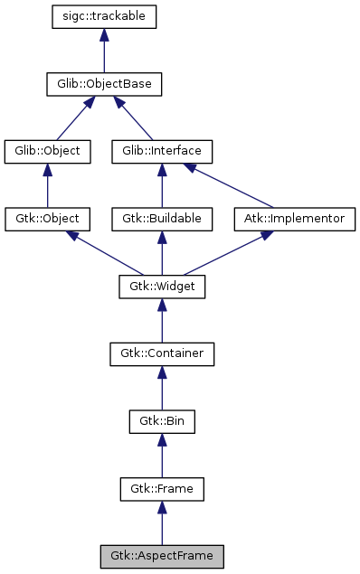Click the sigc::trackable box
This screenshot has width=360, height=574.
(106, 16)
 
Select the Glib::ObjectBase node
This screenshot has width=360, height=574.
(105, 85)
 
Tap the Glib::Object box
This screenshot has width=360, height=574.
(48, 151)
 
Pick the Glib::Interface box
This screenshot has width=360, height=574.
(162, 151)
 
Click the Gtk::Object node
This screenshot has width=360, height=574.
(48, 219)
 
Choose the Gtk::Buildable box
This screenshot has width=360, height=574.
(162, 219)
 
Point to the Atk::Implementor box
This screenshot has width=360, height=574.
(295, 219)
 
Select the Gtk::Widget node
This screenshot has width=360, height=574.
(162, 287)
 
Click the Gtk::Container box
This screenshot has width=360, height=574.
(162, 354)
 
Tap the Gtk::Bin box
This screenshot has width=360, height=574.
(162, 421)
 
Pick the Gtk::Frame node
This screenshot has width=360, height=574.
(162, 489)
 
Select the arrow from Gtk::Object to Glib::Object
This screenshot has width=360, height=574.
(48, 185)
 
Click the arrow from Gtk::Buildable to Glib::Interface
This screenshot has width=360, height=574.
(162, 185)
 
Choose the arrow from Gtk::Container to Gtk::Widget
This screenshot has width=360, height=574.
(162, 321)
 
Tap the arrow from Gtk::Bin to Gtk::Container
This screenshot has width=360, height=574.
(162, 389)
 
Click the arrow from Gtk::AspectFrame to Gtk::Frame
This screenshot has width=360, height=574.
(162, 523)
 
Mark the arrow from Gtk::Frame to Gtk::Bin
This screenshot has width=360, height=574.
(162, 456)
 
